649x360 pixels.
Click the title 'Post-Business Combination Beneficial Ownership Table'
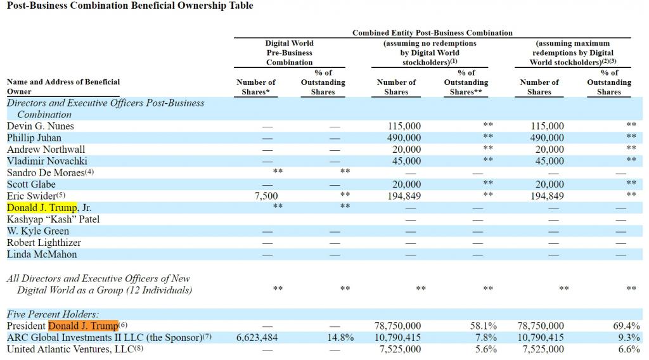[130, 6]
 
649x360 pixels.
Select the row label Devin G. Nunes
[40, 125]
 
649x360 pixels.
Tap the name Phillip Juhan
[34, 138]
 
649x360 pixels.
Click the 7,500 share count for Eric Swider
[266, 196]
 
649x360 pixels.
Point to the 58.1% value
[484, 326]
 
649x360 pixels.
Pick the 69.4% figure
[627, 326]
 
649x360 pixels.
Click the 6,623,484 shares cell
[257, 338]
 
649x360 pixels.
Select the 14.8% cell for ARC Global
[340, 338]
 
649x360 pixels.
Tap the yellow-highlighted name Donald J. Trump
[42, 207]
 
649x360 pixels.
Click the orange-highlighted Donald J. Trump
[84, 326]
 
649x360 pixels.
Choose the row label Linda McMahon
[42, 254]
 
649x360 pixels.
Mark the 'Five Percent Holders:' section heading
[53, 314]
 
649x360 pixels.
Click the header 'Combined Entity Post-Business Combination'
[432, 33]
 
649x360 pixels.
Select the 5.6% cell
[486, 349]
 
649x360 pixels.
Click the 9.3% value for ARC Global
[629, 338]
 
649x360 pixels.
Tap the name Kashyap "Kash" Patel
[53, 219]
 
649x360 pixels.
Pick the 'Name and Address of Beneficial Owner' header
[63, 86]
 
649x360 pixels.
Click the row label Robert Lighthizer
[44, 243]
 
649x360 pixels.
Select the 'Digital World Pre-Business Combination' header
[289, 53]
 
